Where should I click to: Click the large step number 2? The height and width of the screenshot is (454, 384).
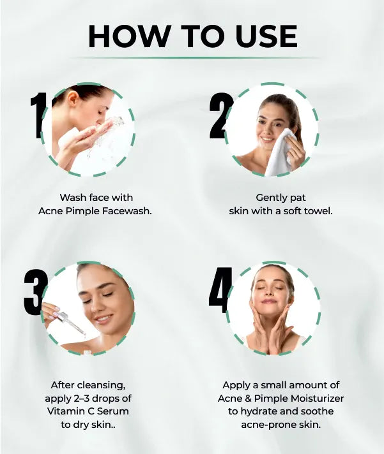(x=220, y=115)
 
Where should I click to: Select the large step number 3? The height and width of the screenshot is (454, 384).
(x=35, y=293)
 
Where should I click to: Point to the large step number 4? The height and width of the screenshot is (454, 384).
(x=220, y=290)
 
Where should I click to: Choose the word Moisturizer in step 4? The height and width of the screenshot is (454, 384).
(x=318, y=399)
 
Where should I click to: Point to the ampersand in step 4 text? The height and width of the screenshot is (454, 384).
(x=248, y=399)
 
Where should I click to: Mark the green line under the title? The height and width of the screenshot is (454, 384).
(x=194, y=58)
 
